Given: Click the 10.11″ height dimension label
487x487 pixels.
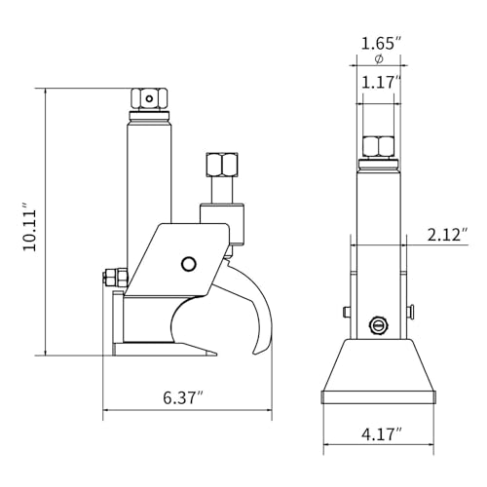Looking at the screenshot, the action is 30,227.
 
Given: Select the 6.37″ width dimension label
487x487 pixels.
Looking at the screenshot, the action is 183,397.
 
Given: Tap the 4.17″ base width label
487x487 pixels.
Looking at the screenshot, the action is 382,434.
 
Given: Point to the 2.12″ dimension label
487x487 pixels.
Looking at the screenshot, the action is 448,235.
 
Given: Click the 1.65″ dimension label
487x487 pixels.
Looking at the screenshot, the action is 382,43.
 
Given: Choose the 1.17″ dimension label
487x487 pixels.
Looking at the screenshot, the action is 380,83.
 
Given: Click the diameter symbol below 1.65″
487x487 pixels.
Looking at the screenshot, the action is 379,59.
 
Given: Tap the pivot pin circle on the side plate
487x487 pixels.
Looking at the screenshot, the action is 188,264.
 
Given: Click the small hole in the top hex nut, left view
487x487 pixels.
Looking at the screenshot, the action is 149,98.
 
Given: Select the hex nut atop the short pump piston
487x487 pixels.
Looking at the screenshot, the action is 222,165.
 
